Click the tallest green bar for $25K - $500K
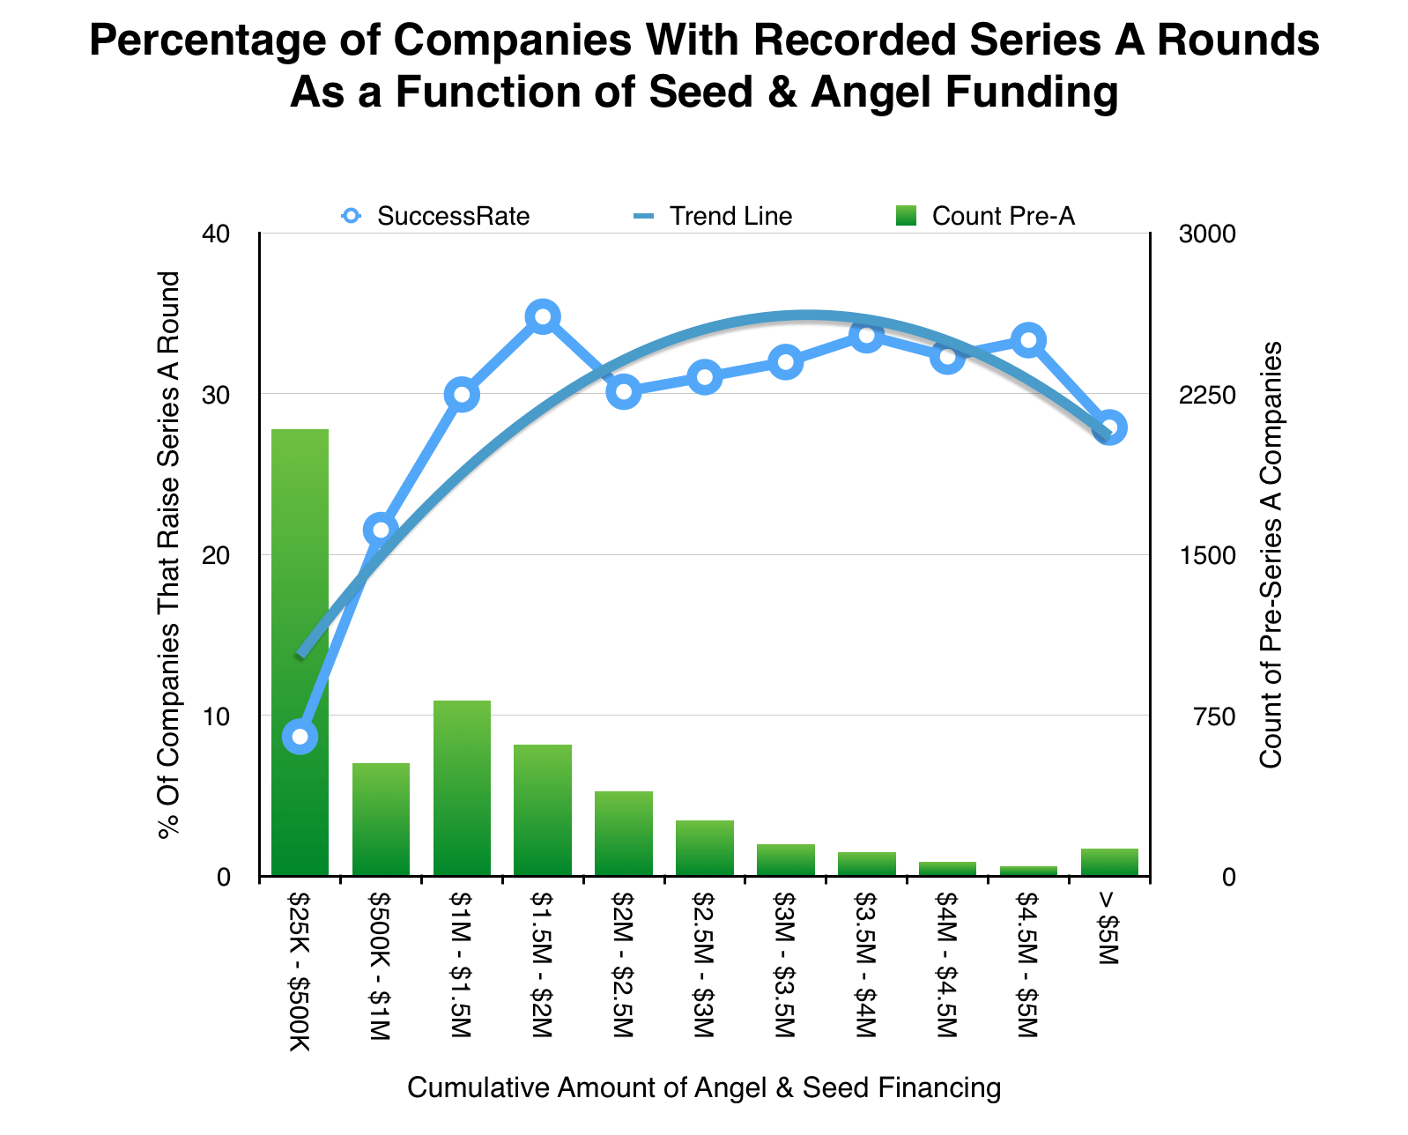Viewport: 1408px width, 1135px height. pyautogui.click(x=300, y=652)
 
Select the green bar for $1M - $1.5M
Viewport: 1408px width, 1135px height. pyautogui.click(x=462, y=788)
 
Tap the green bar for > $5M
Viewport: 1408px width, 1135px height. pyautogui.click(x=1109, y=862)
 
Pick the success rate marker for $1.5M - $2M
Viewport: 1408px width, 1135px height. pyautogui.click(x=543, y=317)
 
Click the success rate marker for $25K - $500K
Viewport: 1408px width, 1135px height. pyautogui.click(x=300, y=737)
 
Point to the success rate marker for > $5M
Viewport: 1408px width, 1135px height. pyautogui.click(x=1109, y=428)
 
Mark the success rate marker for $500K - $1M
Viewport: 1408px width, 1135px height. pyautogui.click(x=381, y=530)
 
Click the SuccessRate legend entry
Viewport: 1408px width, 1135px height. pyautogui.click(x=436, y=216)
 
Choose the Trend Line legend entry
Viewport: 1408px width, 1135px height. pyautogui.click(x=713, y=216)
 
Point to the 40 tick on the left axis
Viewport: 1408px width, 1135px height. pyautogui.click(x=218, y=234)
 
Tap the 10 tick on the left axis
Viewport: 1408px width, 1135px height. pyautogui.click(x=218, y=716)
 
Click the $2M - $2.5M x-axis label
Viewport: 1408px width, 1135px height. pyautogui.click(x=624, y=965)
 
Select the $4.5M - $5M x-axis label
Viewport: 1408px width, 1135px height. pyautogui.click(x=1028, y=965)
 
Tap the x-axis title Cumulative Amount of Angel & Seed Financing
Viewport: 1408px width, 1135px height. pyautogui.click(x=704, y=1088)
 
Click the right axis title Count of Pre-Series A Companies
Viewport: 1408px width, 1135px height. pyautogui.click(x=1271, y=555)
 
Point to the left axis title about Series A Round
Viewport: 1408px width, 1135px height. pyautogui.click(x=168, y=555)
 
